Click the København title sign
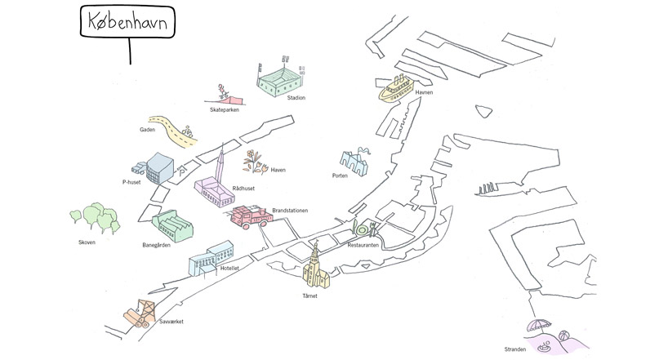click(127, 22)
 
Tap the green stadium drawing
click(279, 82)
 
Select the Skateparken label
click(224, 110)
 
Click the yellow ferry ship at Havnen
click(395, 89)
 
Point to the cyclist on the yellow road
click(186, 131)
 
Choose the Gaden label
click(148, 130)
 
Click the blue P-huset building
click(160, 168)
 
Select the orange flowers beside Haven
click(255, 162)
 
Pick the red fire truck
click(252, 217)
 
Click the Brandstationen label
click(290, 211)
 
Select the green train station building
click(172, 226)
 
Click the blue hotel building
click(212, 258)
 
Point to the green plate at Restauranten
click(362, 230)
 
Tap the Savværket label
click(171, 322)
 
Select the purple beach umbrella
click(539, 326)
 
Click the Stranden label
click(515, 349)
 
